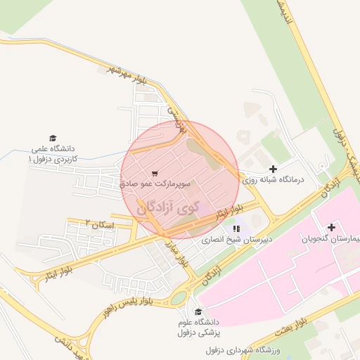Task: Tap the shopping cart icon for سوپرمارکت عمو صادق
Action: coord(155,172)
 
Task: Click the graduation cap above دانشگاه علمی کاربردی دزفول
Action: coord(52,138)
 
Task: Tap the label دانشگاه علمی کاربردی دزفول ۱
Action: coord(56,155)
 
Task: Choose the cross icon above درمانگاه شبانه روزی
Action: coord(273,169)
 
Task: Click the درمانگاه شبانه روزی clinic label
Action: coord(272,180)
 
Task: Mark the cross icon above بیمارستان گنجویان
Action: coord(331,227)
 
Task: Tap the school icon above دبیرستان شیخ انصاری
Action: coord(236,228)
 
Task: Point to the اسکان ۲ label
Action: coord(98,223)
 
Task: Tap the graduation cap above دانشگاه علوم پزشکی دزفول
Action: coord(198,311)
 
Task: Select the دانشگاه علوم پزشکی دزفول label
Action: coord(196,327)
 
